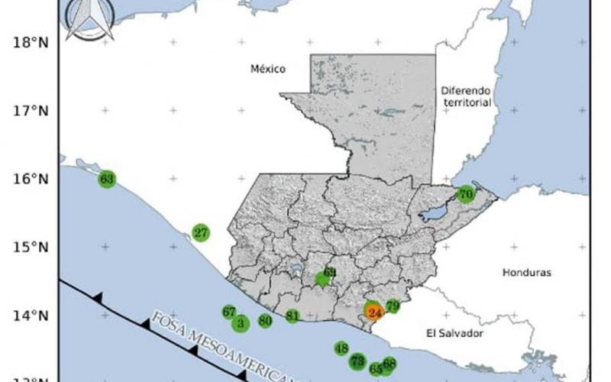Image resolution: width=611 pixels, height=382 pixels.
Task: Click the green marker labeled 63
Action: point(107,180)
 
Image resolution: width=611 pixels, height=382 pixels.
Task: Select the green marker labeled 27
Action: point(201,232)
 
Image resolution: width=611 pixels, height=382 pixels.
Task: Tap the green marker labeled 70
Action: point(466,195)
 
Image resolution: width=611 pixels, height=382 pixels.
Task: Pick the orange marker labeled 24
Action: point(374,312)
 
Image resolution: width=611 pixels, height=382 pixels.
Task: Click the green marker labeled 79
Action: point(393,306)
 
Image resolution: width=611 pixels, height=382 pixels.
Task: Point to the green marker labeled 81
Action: point(293,316)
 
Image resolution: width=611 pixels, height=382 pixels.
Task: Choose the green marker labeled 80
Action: point(265,321)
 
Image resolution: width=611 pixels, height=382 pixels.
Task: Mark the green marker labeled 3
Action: point(241,324)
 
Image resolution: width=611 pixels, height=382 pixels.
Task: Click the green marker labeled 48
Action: point(341,348)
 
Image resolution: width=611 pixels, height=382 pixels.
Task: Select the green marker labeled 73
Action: point(357,361)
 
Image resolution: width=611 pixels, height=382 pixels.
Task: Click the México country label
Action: point(268,70)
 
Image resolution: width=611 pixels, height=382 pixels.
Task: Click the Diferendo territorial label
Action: point(465,96)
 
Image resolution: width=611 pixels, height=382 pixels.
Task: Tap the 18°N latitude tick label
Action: point(31,43)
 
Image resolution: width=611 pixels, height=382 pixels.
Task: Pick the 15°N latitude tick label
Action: point(31,247)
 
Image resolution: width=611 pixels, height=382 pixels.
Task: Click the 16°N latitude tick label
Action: point(31,179)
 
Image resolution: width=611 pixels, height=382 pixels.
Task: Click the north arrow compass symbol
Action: point(89,18)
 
